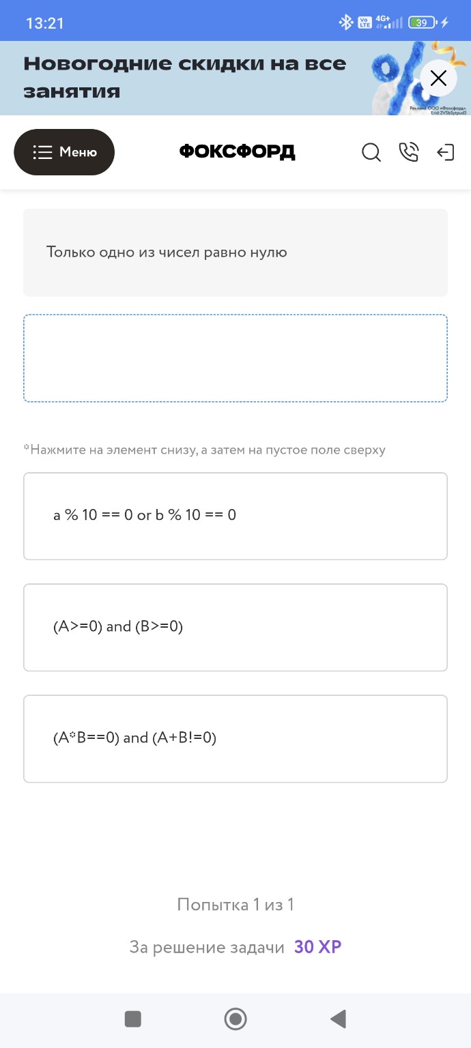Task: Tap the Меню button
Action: pos(64,152)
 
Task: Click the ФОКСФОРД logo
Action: pos(237,151)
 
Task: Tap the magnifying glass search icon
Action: pos(371,152)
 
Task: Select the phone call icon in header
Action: pos(408,152)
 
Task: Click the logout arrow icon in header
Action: pos(445,152)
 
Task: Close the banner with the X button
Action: pos(438,78)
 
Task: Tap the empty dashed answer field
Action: pos(235,358)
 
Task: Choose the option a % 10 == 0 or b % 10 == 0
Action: pos(235,516)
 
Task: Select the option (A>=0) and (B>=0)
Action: pos(235,627)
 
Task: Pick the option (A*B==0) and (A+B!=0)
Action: pos(235,738)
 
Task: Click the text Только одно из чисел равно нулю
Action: pos(167,252)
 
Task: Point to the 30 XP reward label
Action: pos(317,947)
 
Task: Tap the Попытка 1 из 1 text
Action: pos(235,905)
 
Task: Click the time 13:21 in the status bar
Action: pos(44,23)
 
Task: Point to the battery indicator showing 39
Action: pos(422,23)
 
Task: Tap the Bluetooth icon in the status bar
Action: pos(346,23)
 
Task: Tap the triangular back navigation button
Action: pos(338,1019)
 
